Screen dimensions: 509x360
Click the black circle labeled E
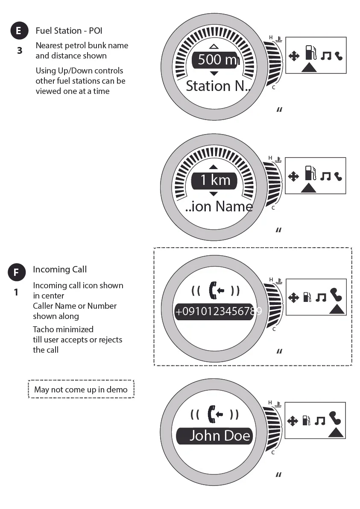[18, 31]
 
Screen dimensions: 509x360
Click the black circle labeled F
[16, 272]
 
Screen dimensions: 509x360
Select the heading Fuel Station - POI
[69, 31]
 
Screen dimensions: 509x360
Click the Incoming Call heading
[60, 269]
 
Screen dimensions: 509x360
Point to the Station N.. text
[218, 86]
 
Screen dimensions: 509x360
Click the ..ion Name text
[219, 207]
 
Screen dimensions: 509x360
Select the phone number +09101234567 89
[218, 312]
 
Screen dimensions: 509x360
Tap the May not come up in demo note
[81, 389]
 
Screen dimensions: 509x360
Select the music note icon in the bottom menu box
[319, 421]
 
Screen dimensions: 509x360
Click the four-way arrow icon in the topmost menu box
[294, 56]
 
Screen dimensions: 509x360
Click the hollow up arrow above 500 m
[214, 46]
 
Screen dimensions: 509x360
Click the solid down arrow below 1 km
[214, 194]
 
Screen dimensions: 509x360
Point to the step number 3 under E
[19, 51]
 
